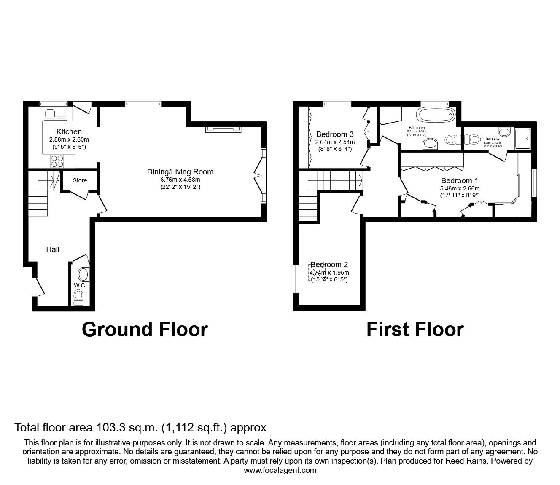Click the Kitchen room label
tap(69, 132)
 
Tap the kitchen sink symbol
tap(55, 114)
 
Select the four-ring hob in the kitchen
tap(57, 161)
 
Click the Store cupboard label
tap(80, 180)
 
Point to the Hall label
tap(53, 249)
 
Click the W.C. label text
tap(80, 285)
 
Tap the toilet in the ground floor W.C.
tap(79, 297)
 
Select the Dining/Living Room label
tap(180, 172)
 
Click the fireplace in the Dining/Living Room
tap(223, 129)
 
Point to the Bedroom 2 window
tap(296, 279)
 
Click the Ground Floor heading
tap(145, 330)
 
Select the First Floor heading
tap(415, 330)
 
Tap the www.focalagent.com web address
tap(280, 470)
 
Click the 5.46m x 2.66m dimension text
tap(460, 188)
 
